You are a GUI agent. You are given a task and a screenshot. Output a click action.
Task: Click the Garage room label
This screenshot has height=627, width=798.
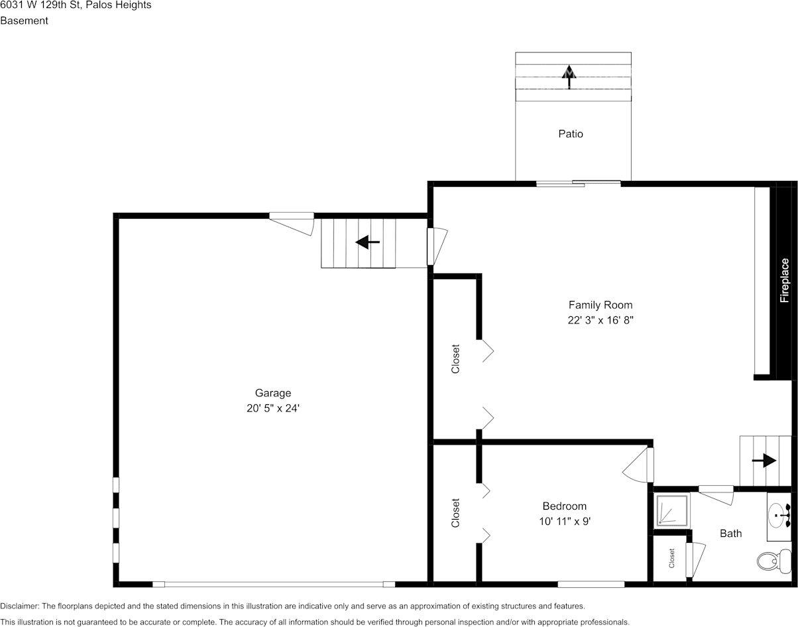click(272, 393)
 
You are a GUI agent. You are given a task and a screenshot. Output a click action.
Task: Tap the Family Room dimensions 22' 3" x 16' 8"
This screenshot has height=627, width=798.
click(600, 320)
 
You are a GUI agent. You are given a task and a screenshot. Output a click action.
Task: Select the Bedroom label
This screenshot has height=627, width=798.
click(564, 506)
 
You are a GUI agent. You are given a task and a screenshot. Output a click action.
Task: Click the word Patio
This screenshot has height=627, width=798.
click(571, 134)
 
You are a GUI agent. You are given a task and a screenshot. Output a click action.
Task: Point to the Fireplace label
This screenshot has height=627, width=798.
click(785, 280)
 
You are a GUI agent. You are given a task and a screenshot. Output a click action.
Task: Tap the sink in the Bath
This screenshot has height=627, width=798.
click(778, 513)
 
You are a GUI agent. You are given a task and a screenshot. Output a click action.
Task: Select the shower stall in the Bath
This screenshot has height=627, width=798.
click(673, 510)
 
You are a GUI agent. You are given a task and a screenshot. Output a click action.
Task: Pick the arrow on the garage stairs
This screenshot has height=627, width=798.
click(367, 243)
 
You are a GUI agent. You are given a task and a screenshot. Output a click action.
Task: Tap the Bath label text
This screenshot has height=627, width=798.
click(730, 534)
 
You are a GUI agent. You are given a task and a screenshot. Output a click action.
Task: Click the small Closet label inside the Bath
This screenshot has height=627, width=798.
click(671, 559)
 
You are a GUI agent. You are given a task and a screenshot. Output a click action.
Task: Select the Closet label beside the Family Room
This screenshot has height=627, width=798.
click(455, 359)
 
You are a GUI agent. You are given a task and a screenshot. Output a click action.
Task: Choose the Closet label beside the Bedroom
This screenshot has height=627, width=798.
click(455, 513)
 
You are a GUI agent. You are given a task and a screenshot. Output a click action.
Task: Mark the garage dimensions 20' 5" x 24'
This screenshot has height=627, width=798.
click(272, 409)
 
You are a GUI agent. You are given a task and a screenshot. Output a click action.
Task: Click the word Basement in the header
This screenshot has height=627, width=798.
click(24, 21)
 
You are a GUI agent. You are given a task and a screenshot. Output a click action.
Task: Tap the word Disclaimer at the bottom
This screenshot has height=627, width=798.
click(19, 606)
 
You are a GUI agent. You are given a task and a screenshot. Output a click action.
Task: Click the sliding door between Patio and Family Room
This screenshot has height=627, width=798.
click(578, 183)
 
